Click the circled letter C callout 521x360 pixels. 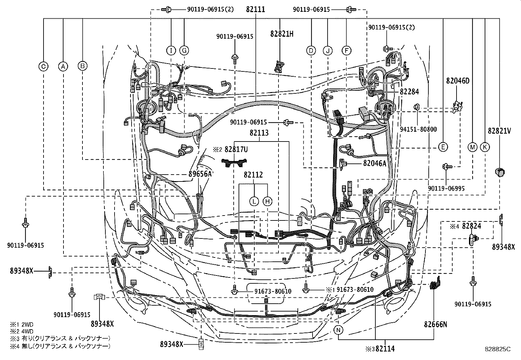tap(43, 66)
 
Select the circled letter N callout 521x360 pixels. tap(339, 330)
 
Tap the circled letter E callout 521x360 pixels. tap(442, 147)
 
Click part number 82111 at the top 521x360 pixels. tap(256, 9)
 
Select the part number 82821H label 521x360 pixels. tap(282, 33)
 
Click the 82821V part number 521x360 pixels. tap(499, 131)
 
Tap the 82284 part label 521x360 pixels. tap(409, 92)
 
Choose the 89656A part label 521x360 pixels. tap(200, 174)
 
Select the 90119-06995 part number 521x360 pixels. tap(446, 188)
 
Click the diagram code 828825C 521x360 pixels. tap(498, 349)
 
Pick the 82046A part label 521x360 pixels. tap(374, 163)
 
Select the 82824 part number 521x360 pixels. tap(472, 226)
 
